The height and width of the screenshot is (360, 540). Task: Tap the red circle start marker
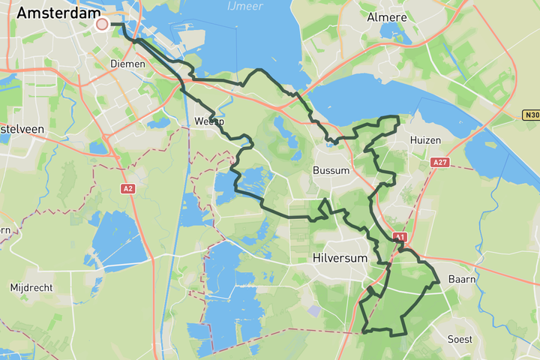102,25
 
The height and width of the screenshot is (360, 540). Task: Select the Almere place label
387,17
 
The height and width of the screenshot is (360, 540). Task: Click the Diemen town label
122,64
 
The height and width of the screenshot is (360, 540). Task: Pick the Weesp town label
209,121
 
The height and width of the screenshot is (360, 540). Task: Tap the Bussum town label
331,170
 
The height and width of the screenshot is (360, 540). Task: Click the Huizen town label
425,140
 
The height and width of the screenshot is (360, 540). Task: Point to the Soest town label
459,339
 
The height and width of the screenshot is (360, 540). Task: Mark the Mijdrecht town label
30,287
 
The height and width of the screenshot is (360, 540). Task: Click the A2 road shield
128,188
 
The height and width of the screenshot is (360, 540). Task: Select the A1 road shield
399,237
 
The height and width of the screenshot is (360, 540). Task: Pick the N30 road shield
531,115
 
